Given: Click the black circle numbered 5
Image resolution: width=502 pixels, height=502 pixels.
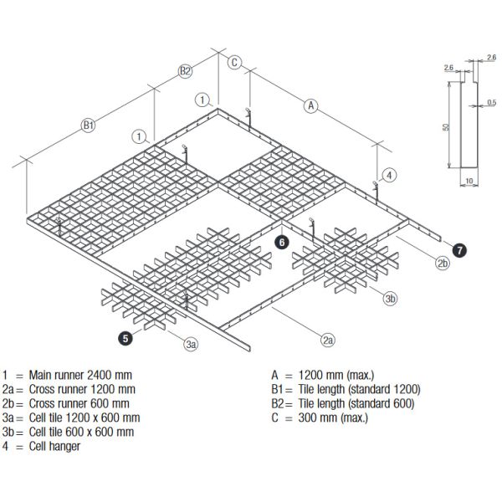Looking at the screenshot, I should click(x=125, y=339).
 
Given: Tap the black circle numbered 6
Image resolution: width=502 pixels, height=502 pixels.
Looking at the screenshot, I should click(x=283, y=242).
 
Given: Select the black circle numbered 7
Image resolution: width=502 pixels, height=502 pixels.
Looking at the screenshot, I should click(x=459, y=248).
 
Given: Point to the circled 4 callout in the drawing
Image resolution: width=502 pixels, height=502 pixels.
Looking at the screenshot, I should click(x=389, y=175).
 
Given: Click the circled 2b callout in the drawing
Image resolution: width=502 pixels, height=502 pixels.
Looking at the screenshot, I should click(x=443, y=265).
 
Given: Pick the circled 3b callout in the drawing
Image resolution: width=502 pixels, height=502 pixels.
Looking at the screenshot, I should click(x=390, y=299).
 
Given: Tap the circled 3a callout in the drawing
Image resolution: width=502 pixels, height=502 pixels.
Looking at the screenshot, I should click(x=191, y=343).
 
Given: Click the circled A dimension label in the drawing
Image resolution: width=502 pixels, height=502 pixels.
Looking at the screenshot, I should click(x=311, y=105).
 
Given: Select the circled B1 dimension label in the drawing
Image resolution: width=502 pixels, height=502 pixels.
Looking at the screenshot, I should click(x=89, y=125).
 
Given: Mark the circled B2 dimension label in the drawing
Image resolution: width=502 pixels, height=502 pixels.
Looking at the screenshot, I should click(x=186, y=72).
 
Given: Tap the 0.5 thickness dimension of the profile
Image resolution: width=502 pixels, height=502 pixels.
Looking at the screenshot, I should click(x=491, y=102).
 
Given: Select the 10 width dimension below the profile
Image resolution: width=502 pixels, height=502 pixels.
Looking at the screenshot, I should click(x=469, y=179).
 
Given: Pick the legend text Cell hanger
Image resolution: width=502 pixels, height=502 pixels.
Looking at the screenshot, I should click(x=56, y=447).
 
